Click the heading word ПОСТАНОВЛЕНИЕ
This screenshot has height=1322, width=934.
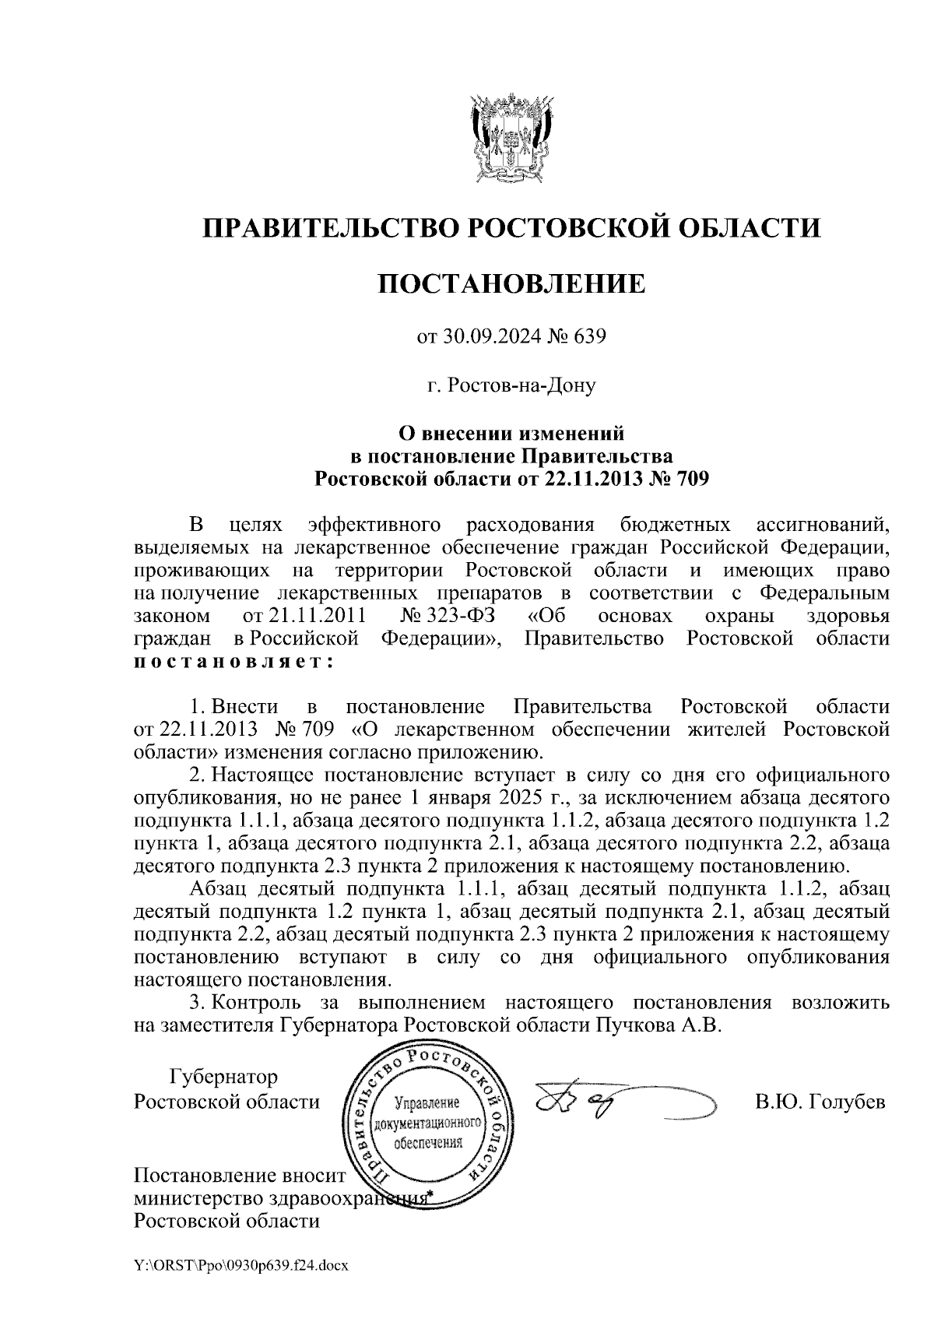click(x=511, y=283)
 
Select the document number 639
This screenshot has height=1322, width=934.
click(x=589, y=337)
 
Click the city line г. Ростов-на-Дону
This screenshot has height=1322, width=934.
click(x=511, y=385)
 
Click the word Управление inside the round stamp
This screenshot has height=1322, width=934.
click(x=428, y=1104)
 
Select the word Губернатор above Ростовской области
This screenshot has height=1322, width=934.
click(x=223, y=1078)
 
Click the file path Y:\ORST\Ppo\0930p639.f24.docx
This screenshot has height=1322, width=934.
click(x=241, y=1265)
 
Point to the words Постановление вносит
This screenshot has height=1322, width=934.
click(x=239, y=1175)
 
